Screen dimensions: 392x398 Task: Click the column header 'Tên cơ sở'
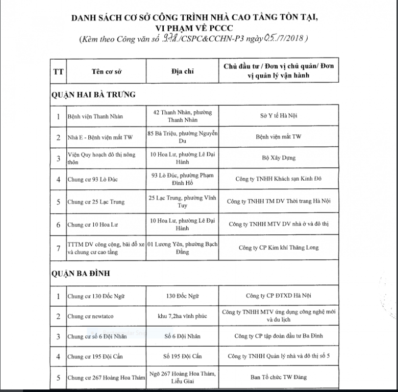coord(105,71)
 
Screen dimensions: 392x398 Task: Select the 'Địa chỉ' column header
coord(182,71)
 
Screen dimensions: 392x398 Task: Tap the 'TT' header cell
coord(58,71)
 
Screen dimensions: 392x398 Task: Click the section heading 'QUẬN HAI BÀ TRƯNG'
coord(93,94)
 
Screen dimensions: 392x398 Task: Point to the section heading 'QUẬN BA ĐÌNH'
coord(80,274)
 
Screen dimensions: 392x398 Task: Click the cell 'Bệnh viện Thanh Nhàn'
coord(95,116)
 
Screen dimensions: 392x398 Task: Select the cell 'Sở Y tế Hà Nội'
coord(279,116)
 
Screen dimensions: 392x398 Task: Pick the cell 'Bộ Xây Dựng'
coord(279,158)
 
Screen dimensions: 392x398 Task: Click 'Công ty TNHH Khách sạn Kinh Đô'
coord(279,179)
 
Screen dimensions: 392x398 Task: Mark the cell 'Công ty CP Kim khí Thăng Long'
coord(279,248)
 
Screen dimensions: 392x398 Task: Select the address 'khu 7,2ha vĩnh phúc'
coord(182,316)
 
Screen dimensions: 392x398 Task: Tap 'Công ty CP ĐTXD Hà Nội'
coord(279,296)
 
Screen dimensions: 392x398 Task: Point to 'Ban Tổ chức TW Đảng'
coord(279,378)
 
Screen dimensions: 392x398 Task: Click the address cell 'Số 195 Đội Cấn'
coord(182,356)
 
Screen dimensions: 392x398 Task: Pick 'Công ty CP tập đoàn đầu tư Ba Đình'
coord(279,336)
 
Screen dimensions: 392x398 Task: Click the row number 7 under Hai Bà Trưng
coord(58,248)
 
